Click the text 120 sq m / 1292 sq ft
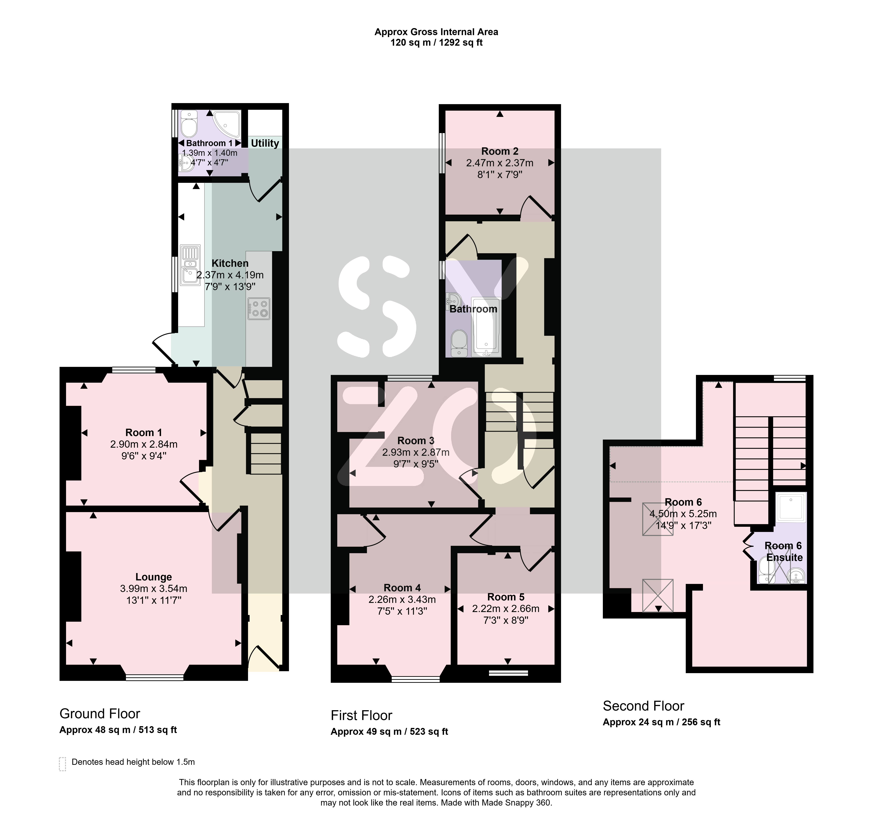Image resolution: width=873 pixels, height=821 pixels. [436, 42]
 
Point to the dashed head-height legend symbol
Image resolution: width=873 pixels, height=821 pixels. [62, 764]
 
